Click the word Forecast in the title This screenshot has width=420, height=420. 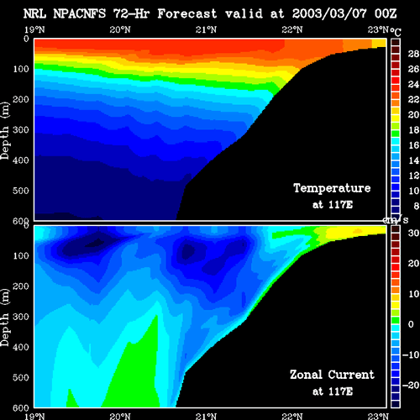coord(187,13)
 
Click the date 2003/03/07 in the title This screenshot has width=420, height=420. coord(329,13)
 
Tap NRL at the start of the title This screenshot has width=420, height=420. coord(34,13)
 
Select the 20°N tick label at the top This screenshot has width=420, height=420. coord(120,29)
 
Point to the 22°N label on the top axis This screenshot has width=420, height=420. coord(292,29)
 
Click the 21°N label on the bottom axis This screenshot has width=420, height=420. coord(206,416)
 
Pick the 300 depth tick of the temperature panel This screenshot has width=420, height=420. coord(21,130)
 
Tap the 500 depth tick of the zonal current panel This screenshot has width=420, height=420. coord(21,377)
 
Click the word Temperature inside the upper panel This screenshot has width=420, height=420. coord(332,188)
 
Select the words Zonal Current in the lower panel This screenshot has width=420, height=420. coord(332,375)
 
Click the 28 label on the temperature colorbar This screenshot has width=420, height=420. coord(413,54)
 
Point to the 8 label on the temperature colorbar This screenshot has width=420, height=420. coord(417,206)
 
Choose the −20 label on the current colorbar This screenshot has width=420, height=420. coord(411,386)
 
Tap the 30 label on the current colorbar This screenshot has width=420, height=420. coord(413,233)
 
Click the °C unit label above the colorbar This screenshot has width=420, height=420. coord(396,32)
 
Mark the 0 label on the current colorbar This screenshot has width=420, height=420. coord(411,324)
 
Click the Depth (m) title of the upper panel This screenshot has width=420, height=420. coord(5,131)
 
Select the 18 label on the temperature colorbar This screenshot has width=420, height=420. coord(413,130)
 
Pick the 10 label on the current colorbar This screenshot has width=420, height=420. coord(413,294)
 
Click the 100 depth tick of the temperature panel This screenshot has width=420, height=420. coord(21,69)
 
